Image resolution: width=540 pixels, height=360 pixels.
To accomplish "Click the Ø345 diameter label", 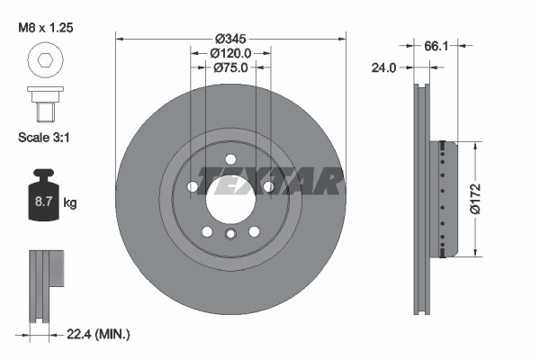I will (x=231, y=40).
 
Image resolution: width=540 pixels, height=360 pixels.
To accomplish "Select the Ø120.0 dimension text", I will (x=231, y=54).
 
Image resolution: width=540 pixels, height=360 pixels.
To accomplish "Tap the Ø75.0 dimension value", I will (x=231, y=68).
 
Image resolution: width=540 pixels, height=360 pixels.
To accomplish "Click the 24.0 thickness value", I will (x=384, y=67).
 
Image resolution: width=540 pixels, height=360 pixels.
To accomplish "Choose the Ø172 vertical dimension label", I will (x=482, y=198).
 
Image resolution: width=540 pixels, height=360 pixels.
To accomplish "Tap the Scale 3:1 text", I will (x=44, y=138).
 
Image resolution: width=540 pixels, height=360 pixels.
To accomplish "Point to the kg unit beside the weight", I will (x=70, y=203).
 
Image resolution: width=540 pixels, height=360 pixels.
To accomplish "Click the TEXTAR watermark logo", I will (x=271, y=181).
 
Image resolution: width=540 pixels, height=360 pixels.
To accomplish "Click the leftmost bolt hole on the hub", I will (x=193, y=187).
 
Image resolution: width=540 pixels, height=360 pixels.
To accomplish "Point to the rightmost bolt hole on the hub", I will (x=268, y=187).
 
